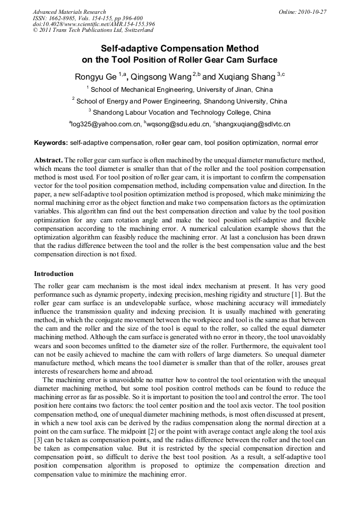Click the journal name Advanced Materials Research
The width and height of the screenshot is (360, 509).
tap(69, 12)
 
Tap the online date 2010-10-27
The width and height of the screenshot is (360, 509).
tap(312, 12)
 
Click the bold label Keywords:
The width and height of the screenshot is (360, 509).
tap(51, 143)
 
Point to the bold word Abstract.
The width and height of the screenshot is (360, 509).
tap(48, 160)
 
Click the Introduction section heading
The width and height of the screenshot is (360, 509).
tap(54, 274)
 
